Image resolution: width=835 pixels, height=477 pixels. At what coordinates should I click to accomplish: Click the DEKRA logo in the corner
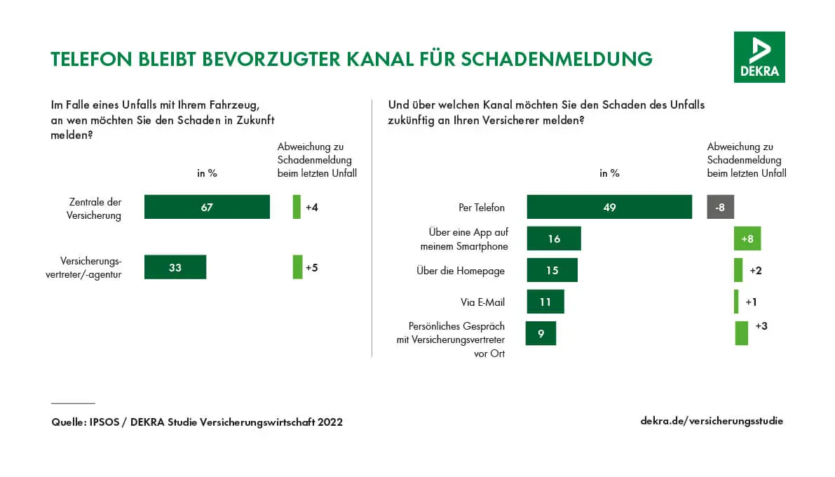[x=759, y=57]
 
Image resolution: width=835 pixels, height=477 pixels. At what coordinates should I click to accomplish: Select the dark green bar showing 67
[x=207, y=207]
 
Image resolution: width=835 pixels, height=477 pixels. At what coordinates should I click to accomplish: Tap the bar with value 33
[x=175, y=267]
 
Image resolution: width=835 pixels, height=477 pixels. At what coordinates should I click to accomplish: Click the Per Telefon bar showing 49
[x=609, y=207]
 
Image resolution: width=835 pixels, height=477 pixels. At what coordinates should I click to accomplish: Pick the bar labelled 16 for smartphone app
[x=554, y=238]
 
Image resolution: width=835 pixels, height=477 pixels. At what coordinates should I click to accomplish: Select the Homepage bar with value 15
[x=552, y=270]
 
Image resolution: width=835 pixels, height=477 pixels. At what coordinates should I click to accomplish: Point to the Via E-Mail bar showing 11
[x=545, y=302]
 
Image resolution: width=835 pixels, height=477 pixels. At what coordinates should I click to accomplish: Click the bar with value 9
[x=541, y=333]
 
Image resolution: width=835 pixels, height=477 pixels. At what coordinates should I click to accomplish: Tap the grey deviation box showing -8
[x=720, y=207]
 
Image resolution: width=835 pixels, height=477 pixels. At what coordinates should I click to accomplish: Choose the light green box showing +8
[x=747, y=238]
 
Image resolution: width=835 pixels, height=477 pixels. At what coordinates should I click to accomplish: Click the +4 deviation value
[x=312, y=207]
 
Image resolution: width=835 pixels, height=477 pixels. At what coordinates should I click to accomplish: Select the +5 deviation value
[x=312, y=267]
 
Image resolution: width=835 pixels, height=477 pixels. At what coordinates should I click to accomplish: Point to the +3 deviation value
[x=761, y=326]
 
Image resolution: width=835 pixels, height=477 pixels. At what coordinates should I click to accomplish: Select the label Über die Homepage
[x=461, y=271]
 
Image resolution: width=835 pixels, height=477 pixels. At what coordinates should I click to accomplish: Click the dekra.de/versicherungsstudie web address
[x=712, y=421]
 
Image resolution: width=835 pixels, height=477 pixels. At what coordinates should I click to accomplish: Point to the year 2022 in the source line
[x=330, y=422]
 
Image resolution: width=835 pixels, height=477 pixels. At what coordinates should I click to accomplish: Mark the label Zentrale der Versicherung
[x=95, y=209]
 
